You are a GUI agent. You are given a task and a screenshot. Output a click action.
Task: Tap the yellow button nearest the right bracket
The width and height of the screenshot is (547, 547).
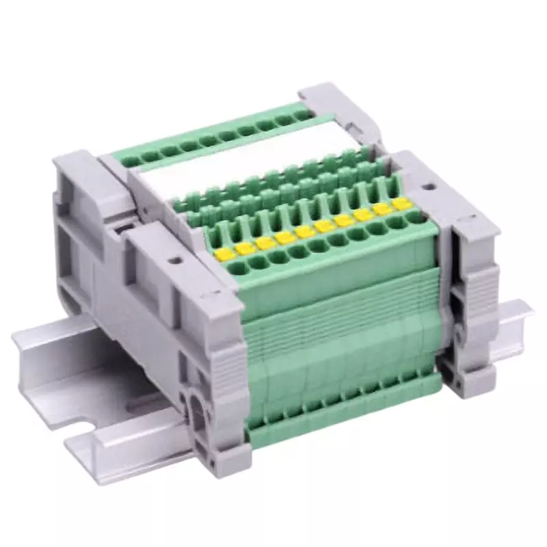(x=401, y=204)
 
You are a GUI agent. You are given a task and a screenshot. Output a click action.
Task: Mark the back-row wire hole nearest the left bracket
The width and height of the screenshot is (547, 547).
(x=130, y=161)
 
